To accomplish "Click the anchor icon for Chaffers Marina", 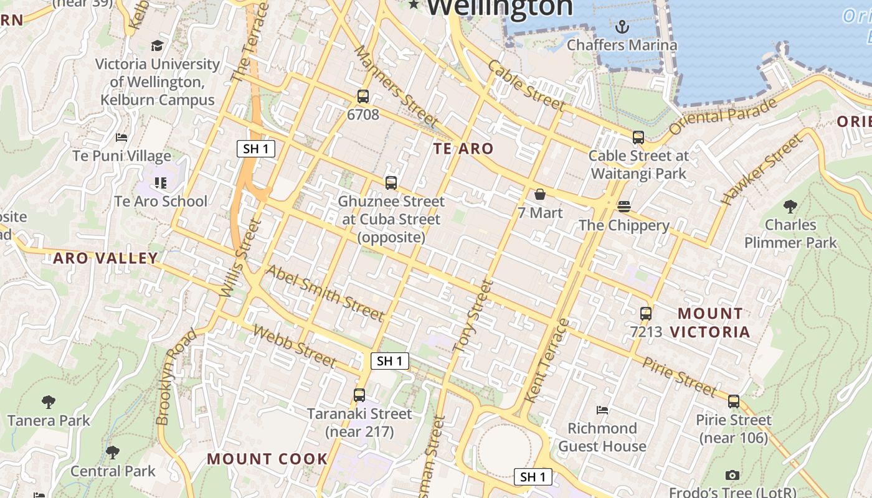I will pyautogui.click(x=622, y=27).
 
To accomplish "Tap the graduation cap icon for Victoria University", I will pyautogui.click(x=157, y=45).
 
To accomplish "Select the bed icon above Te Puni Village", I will pyautogui.click(x=121, y=137).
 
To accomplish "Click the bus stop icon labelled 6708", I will pyautogui.click(x=363, y=96).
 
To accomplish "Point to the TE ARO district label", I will pyautogui.click(x=463, y=149).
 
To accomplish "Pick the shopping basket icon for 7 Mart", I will pyautogui.click(x=540, y=194).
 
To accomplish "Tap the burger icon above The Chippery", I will pyautogui.click(x=624, y=206).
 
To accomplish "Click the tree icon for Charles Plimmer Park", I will pyautogui.click(x=790, y=206).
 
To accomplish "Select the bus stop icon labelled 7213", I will pyautogui.click(x=646, y=313).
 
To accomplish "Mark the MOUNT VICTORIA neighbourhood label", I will pyautogui.click(x=711, y=322).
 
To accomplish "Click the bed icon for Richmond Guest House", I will pyautogui.click(x=602, y=410).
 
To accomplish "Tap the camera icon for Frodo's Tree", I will pyautogui.click(x=732, y=475).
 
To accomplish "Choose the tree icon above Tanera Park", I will pyautogui.click(x=49, y=402).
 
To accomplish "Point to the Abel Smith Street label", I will pyautogui.click(x=325, y=293).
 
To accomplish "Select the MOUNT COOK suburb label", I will pyautogui.click(x=267, y=459).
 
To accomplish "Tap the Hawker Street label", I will pyautogui.click(x=762, y=170).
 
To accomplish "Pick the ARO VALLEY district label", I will pyautogui.click(x=105, y=258).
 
